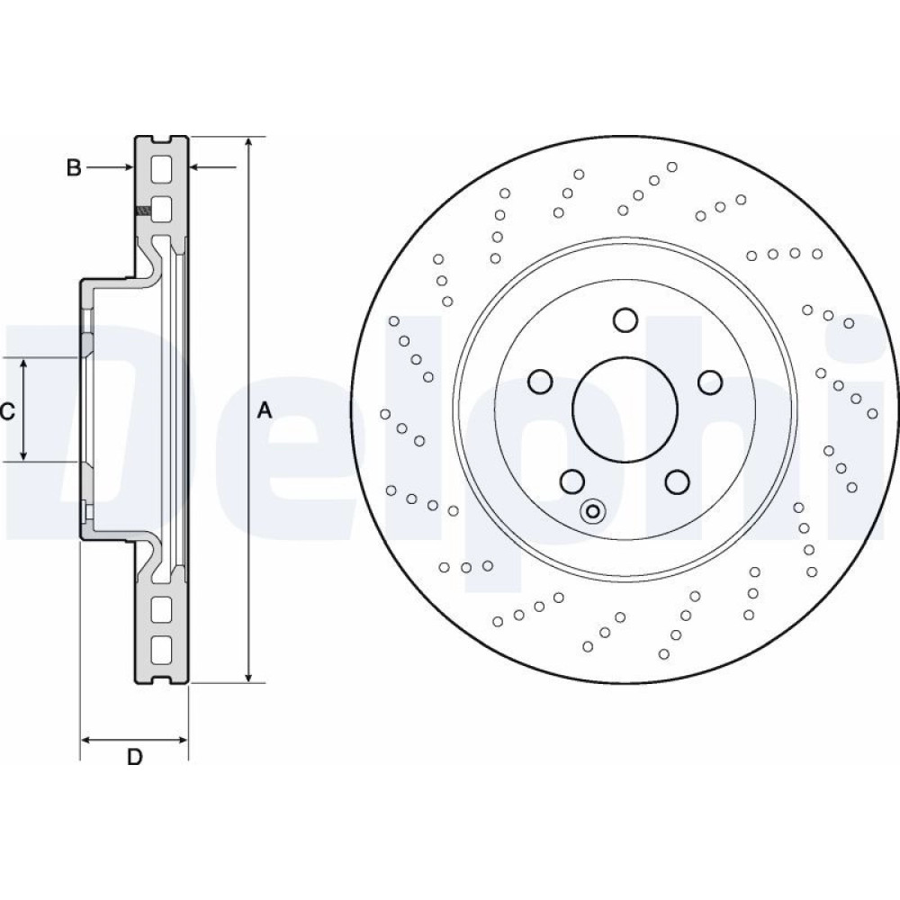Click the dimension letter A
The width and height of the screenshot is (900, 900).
click(264, 410)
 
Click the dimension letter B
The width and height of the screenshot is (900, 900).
click(75, 167)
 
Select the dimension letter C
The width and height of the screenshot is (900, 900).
click(7, 412)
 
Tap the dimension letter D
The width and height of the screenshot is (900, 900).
click(134, 757)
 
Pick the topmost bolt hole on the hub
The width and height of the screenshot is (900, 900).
click(625, 319)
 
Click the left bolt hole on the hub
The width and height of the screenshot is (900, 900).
click(539, 382)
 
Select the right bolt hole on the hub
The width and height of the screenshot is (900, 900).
click(710, 382)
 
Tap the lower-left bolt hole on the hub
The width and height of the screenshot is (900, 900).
click(571, 482)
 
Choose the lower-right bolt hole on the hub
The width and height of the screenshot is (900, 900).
click(678, 482)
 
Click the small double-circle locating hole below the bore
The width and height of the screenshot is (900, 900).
click(592, 512)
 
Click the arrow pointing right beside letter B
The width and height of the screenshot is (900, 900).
click(126, 167)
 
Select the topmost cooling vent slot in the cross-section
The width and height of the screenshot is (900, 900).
click(161, 168)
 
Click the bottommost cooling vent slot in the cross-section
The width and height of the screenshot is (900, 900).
click(161, 647)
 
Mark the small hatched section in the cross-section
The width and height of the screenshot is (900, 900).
click(141, 211)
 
